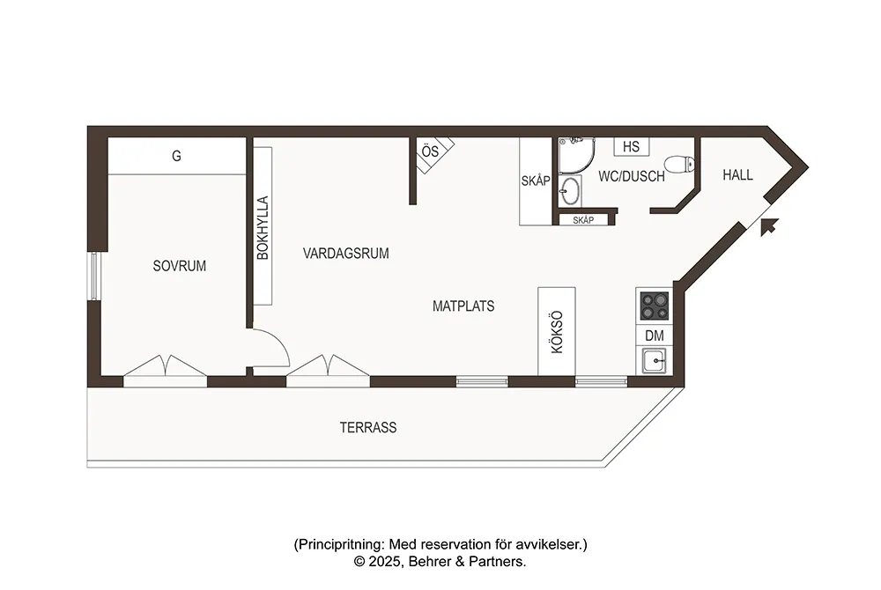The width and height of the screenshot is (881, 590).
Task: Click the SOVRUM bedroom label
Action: pyautogui.click(x=179, y=266)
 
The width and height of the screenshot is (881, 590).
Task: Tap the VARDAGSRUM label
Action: pyautogui.click(x=345, y=254)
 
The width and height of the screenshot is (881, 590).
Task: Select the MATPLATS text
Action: pyautogui.click(x=463, y=306)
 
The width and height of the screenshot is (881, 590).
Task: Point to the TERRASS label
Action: pyautogui.click(x=368, y=427)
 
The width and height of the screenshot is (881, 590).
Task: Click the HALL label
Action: pyautogui.click(x=737, y=175)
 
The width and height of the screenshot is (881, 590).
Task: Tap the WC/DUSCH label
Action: pyautogui.click(x=631, y=176)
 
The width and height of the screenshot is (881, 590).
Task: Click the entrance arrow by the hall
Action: pyautogui.click(x=768, y=226)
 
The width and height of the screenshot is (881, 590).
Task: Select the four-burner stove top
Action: pyautogui.click(x=655, y=306)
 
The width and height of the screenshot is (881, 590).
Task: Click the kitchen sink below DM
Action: pyautogui.click(x=654, y=360)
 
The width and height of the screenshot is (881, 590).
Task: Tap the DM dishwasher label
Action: pyautogui.click(x=654, y=336)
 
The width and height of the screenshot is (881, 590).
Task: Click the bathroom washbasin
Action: pyautogui.click(x=570, y=191)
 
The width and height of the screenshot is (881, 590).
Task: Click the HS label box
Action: pyautogui.click(x=631, y=146)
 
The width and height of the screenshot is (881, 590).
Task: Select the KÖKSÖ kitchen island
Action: pyautogui.click(x=556, y=331)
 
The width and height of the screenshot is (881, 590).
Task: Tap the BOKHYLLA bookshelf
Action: pyautogui.click(x=263, y=226)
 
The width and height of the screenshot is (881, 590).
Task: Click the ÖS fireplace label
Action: pyautogui.click(x=430, y=151)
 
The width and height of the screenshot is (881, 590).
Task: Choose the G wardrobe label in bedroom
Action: pyautogui.click(x=176, y=156)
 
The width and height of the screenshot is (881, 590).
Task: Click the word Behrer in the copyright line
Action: pyautogui.click(x=430, y=561)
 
